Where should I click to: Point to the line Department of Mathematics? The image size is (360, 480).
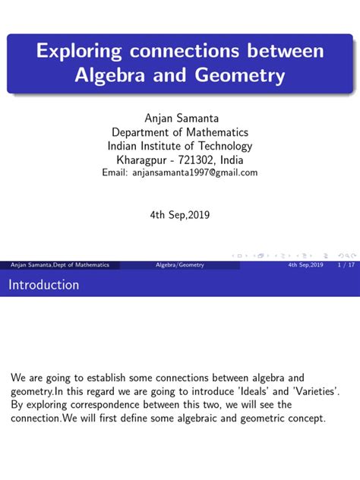(180, 132)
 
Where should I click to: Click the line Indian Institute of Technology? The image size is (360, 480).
(180, 146)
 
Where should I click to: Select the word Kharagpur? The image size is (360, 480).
(144, 159)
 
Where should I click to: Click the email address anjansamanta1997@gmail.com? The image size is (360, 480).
(196, 172)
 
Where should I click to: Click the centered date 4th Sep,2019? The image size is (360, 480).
(180, 214)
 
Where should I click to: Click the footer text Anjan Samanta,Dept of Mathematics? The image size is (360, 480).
(60, 264)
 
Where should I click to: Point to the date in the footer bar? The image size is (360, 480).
(306, 264)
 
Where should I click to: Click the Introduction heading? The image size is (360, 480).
(44, 285)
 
